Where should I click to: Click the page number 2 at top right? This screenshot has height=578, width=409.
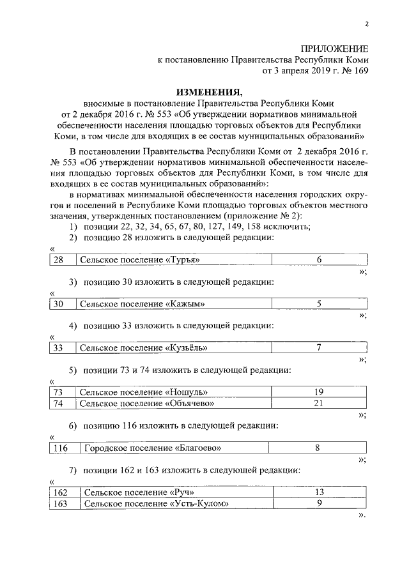(367, 24)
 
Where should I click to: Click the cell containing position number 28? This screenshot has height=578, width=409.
(58, 259)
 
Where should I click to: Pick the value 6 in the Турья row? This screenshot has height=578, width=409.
(319, 259)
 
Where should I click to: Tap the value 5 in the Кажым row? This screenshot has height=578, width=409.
(319, 303)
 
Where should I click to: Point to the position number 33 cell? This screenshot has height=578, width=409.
(58, 348)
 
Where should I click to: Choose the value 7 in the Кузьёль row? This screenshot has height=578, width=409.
(319, 348)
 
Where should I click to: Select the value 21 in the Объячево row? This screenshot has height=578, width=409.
(319, 403)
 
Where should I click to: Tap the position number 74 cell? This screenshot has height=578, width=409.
(58, 403)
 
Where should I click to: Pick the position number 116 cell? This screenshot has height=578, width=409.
(61, 448)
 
